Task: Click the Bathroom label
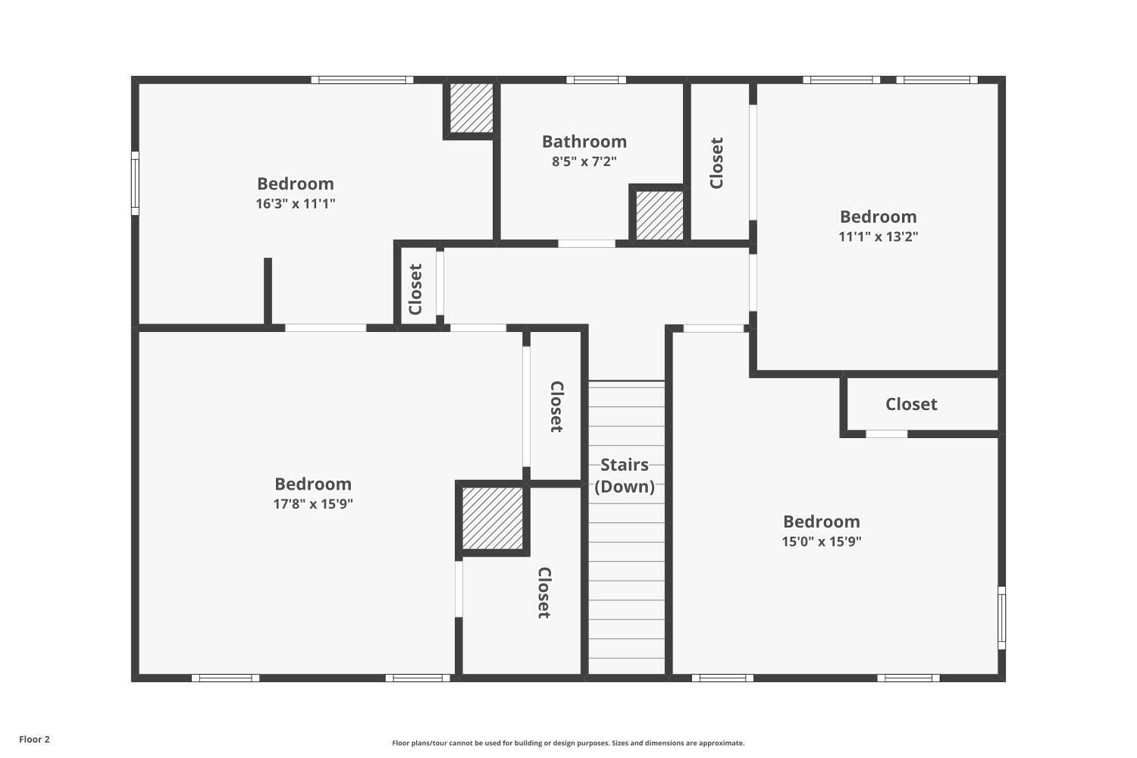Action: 584,142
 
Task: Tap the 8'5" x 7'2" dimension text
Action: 584,161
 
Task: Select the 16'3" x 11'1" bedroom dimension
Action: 296,203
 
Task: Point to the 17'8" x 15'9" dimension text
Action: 313,503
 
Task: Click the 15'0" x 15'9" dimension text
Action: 822,541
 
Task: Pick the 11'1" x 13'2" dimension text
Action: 878,236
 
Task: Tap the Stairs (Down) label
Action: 625,475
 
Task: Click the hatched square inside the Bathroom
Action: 659,215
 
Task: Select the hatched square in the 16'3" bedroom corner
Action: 471,107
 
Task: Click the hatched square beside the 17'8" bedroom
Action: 493,518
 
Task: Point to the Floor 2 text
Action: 34,739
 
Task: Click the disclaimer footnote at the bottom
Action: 568,743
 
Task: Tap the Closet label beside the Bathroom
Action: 717,163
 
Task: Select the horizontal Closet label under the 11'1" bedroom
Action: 911,404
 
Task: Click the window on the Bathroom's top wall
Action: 596,80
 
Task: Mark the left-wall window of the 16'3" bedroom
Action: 135,183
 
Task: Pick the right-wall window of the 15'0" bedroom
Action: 1001,617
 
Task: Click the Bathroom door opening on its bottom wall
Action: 587,243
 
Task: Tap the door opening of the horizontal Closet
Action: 886,434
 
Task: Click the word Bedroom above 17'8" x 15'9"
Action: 313,484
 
